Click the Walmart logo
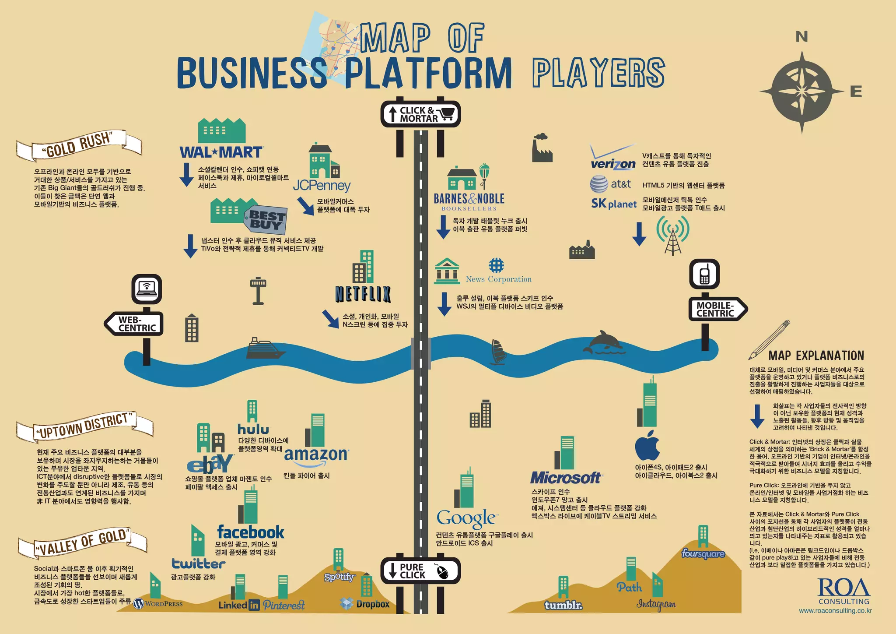coord(221,152)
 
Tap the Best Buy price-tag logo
coord(266,220)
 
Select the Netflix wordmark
coord(363,294)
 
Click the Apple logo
coord(647,445)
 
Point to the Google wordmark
coord(466,518)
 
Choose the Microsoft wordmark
coord(566,478)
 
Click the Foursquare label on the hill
coord(703,554)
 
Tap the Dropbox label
coord(365,604)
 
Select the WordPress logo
coord(158,604)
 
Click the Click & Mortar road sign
coord(420,114)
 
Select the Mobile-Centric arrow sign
coord(717,309)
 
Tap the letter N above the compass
coord(801,37)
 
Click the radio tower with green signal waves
coord(672,234)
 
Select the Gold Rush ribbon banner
coord(79,145)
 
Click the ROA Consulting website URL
coord(835,610)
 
